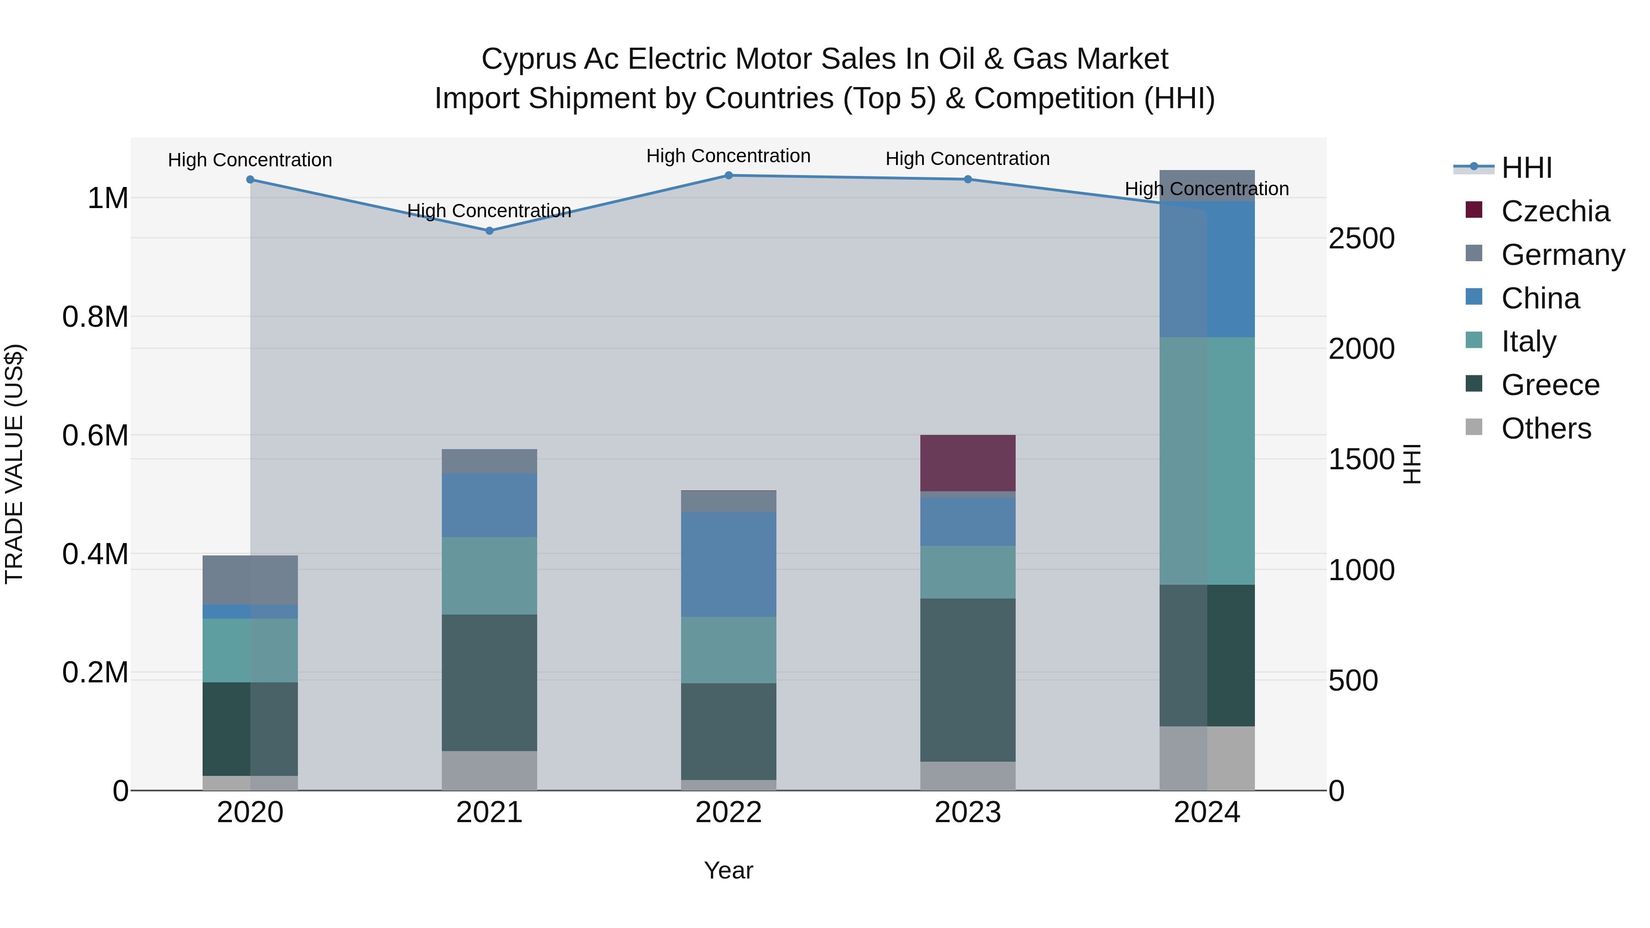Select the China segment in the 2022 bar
(x=728, y=564)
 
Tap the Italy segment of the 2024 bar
(x=1207, y=461)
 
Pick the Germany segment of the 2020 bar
(x=250, y=580)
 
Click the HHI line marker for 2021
(x=489, y=231)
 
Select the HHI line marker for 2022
(x=728, y=176)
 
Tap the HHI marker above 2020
(x=250, y=179)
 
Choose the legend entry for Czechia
(x=1555, y=211)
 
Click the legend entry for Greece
(x=1550, y=385)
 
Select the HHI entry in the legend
(x=1526, y=168)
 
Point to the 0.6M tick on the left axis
(x=95, y=435)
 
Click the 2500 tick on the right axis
(x=1361, y=238)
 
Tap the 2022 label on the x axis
(x=728, y=813)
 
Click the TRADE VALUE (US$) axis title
(x=14, y=464)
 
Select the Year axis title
(x=728, y=870)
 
